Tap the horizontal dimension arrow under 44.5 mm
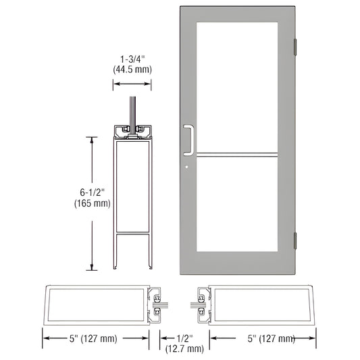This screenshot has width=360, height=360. coord(132,84)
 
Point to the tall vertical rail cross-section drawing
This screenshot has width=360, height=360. coord(132,196)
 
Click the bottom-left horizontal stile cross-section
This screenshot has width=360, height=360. coord(99,303)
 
